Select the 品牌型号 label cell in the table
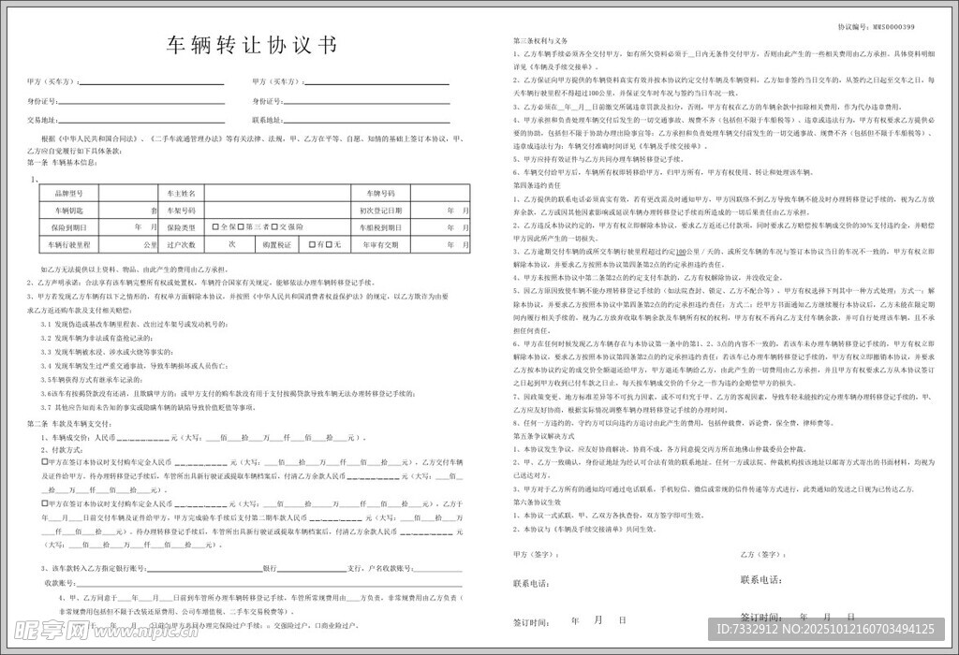[69, 193]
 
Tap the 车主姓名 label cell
[182, 193]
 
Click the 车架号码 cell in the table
[182, 211]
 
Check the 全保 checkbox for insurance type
[215, 227]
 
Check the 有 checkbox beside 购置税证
[317, 245]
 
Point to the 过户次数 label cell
[182, 245]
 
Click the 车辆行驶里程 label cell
[69, 245]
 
